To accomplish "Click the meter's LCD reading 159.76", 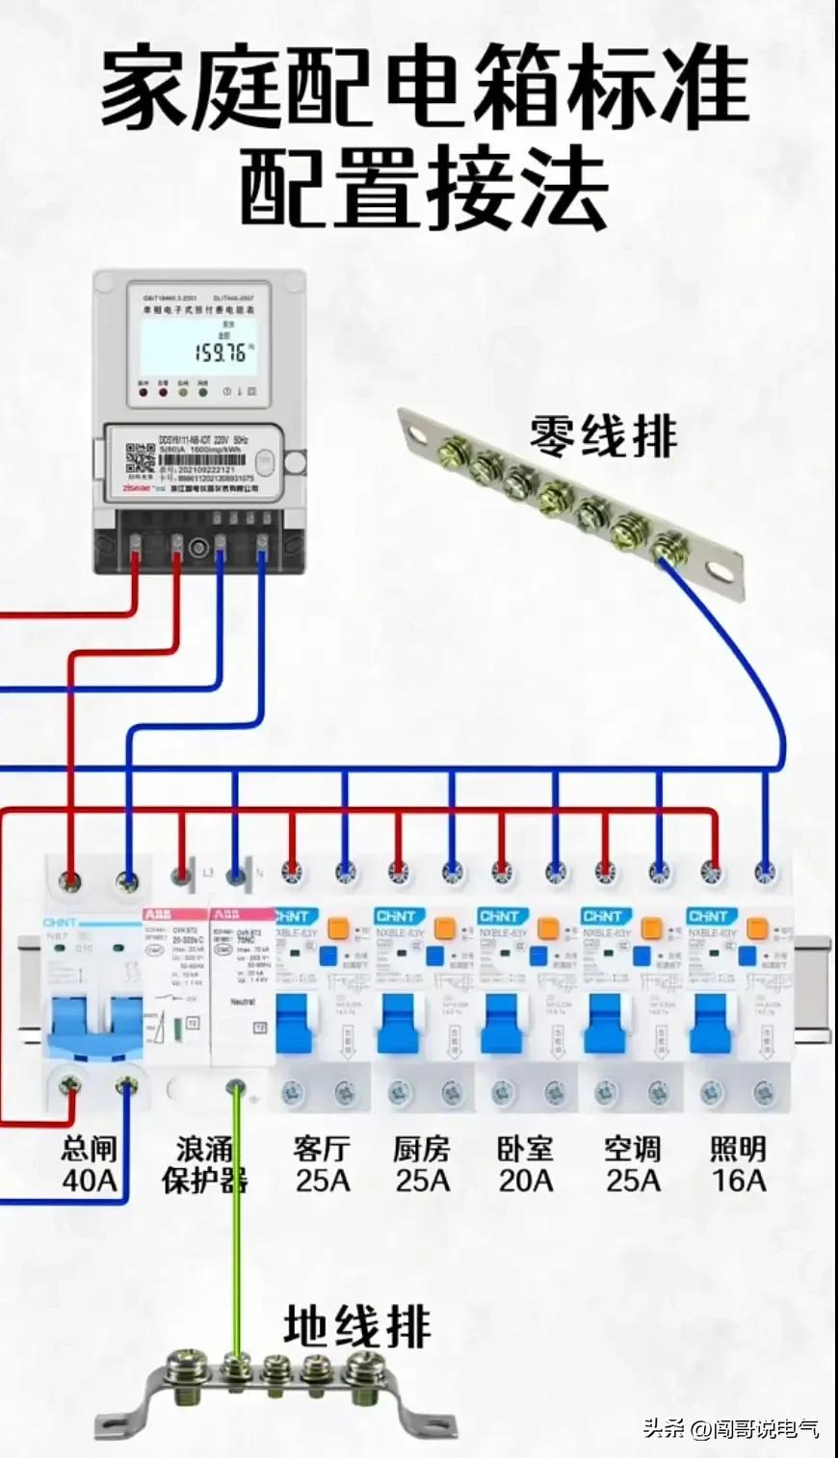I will (220, 352).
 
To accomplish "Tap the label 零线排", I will (603, 436).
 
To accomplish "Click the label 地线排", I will (356, 1327).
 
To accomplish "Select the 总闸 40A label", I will (89, 1163).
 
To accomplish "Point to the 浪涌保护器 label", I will (204, 1163).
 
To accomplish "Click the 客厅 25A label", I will (322, 1163).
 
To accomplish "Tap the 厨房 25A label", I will (422, 1163).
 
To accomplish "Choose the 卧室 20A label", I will (526, 1163).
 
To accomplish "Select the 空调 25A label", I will (633, 1163).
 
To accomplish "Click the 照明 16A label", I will (738, 1163).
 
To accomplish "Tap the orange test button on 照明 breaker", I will (756, 930).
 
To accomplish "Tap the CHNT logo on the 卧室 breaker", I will (499, 916).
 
